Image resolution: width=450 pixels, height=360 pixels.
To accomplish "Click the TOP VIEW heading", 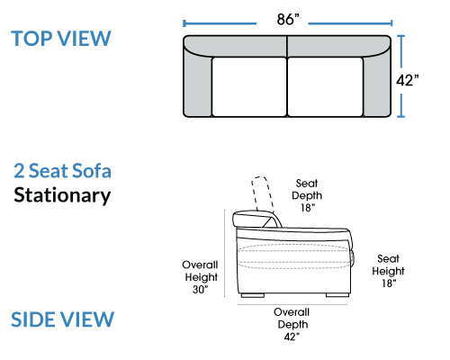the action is [x=61, y=39].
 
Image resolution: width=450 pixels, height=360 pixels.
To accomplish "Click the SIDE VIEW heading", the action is [x=62, y=319].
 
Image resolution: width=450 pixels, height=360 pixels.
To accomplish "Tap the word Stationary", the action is [x=62, y=195].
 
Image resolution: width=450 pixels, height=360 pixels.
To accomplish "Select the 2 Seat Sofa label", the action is [x=62, y=171].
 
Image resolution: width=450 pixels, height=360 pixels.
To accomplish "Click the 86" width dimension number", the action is [x=288, y=20].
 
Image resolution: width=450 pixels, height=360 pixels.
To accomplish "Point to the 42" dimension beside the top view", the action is [x=408, y=80].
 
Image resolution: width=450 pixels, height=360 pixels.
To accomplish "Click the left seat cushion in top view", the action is [x=249, y=86].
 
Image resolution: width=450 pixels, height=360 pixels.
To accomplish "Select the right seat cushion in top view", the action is [x=325, y=86].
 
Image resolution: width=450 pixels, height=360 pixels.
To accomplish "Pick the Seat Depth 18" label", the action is [x=307, y=195].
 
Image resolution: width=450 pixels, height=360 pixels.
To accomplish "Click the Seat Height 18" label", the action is [x=388, y=271].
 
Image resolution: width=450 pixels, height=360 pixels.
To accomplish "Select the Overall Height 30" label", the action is [x=200, y=277].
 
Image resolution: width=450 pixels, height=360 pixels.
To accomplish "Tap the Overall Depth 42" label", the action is [x=292, y=324].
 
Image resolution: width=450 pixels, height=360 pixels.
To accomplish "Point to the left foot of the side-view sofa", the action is [x=253, y=295].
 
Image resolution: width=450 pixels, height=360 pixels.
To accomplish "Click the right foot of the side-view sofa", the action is [x=337, y=295].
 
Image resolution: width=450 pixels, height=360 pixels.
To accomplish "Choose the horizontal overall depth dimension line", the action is [x=292, y=304].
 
